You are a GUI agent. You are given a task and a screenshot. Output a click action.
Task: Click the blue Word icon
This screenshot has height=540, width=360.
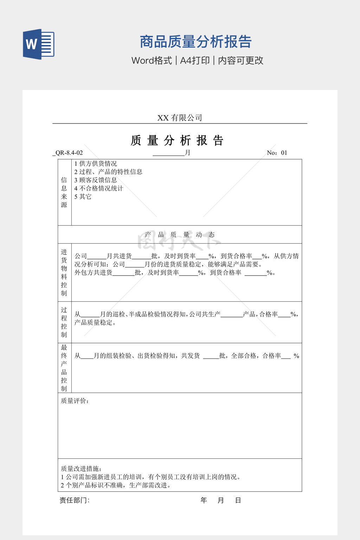38,44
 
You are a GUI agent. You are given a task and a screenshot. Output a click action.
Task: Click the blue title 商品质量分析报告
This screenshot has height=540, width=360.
195,42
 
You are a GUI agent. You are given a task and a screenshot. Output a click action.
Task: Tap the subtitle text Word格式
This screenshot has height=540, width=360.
152,60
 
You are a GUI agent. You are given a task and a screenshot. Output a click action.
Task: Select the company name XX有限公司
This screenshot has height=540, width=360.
180,118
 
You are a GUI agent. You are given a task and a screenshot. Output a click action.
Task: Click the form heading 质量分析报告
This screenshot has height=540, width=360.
177,140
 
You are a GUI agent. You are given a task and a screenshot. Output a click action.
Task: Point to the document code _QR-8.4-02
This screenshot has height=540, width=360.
68,153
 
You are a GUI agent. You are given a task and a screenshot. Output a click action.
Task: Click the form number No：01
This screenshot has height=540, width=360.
277,153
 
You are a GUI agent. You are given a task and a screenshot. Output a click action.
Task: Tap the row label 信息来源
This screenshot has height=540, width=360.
64,192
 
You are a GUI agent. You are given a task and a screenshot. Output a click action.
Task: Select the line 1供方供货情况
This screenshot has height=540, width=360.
96,163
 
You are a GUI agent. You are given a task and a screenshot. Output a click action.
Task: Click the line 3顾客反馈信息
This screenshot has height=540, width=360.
96,180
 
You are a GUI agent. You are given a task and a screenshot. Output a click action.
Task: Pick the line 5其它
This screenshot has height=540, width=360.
83,197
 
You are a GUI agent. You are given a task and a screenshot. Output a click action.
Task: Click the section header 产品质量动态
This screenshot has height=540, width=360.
180,234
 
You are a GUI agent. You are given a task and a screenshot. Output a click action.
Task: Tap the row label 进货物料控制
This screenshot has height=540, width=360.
64,272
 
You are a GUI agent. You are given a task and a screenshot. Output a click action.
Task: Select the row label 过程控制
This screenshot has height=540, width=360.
64,322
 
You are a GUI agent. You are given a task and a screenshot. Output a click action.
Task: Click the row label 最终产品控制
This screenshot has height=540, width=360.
64,368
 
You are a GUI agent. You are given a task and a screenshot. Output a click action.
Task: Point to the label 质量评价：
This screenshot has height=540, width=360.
75,401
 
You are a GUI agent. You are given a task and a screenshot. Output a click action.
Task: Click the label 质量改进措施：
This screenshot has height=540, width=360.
81,469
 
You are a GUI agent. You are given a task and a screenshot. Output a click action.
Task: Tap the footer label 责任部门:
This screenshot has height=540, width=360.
75,500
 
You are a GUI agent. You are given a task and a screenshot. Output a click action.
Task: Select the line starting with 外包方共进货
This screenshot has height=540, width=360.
175,272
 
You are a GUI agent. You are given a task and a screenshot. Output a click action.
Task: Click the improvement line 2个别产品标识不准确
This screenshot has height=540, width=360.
116,485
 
